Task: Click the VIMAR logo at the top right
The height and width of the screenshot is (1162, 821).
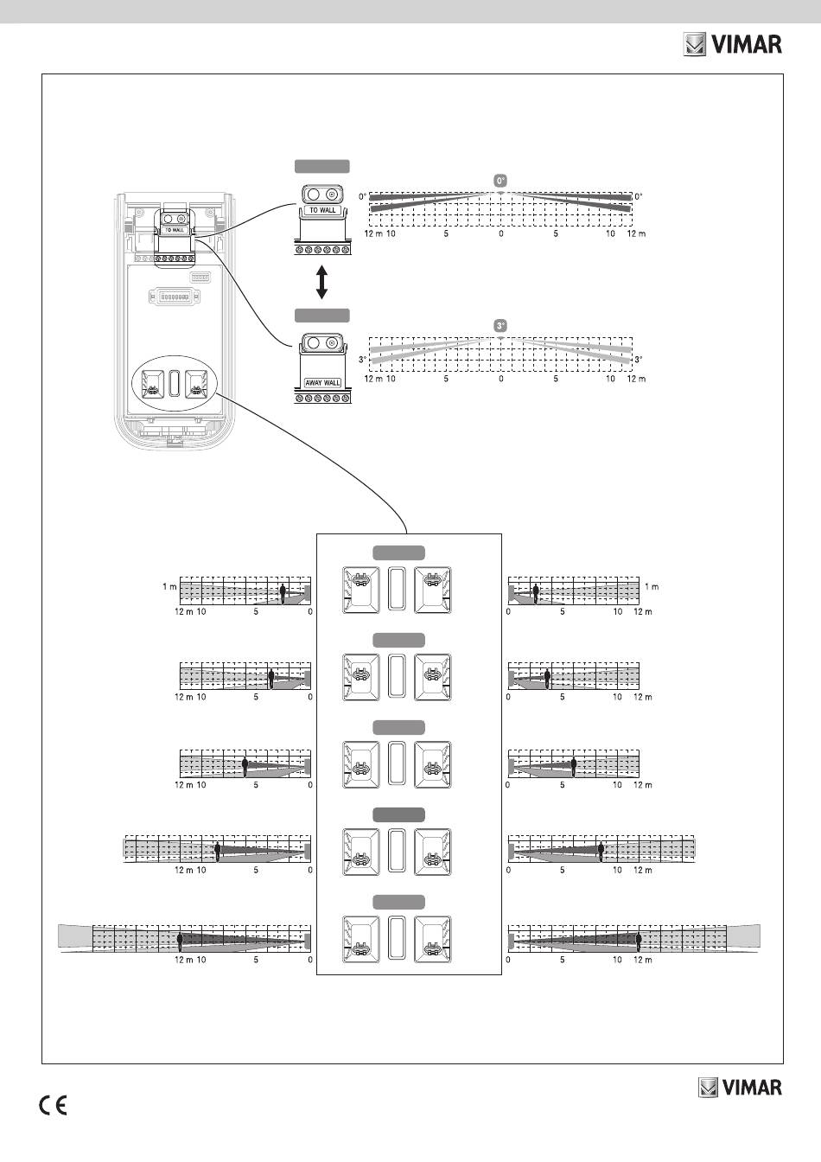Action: [733, 44]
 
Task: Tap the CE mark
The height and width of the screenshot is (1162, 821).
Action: [54, 1107]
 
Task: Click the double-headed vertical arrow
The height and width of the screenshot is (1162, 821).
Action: [321, 283]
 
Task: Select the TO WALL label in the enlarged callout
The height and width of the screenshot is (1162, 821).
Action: [322, 210]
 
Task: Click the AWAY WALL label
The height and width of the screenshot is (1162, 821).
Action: [323, 382]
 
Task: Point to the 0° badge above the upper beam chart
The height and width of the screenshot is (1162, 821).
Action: [500, 180]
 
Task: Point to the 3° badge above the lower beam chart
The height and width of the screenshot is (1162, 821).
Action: [500, 325]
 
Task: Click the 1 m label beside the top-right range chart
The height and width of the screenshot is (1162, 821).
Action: [652, 587]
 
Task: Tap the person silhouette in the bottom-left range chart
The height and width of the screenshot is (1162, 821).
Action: [180, 941]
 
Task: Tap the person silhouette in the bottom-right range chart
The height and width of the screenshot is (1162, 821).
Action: [640, 941]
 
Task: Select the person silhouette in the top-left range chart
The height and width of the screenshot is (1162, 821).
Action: [283, 592]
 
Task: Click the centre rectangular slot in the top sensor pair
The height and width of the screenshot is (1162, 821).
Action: [397, 590]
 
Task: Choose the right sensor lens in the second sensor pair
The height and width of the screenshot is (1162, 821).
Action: [432, 677]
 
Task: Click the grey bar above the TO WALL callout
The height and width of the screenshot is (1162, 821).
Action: [322, 167]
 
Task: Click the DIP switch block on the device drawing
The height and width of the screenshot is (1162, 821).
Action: [177, 297]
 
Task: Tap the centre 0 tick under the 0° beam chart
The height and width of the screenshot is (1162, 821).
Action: [501, 234]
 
